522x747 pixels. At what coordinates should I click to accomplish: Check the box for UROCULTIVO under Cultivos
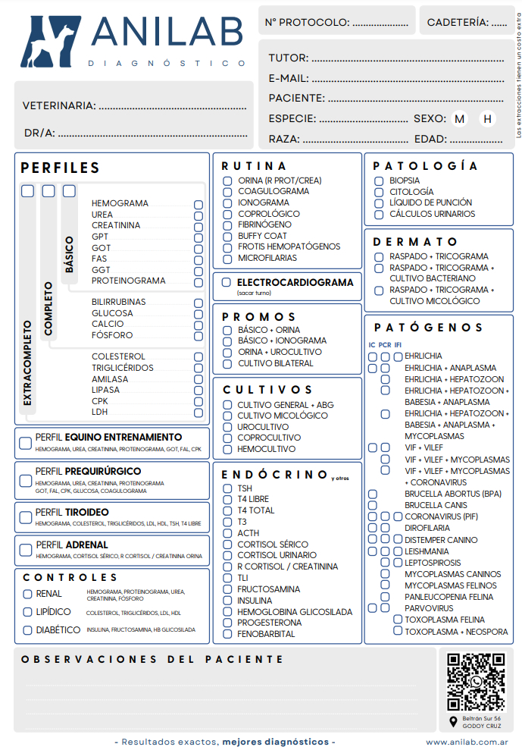click(x=227, y=427)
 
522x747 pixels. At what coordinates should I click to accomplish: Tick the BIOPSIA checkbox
click(x=379, y=181)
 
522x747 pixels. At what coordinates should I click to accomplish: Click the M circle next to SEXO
click(x=460, y=118)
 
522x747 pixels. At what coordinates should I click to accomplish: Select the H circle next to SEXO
click(x=487, y=118)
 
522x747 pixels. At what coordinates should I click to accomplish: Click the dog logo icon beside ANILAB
click(x=51, y=42)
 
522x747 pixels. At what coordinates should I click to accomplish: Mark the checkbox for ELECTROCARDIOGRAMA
click(x=227, y=283)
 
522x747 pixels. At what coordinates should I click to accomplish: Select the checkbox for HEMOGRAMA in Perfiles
click(x=198, y=204)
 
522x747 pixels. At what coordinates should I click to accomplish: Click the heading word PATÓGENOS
click(x=428, y=328)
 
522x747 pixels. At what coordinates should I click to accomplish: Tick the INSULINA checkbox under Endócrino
click(x=227, y=601)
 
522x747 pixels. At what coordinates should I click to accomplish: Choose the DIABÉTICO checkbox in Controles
click(x=28, y=630)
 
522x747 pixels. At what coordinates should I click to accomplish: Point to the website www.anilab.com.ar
click(x=467, y=742)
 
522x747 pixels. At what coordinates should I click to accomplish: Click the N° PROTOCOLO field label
click(x=307, y=23)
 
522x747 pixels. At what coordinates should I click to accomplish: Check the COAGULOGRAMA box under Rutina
click(x=227, y=192)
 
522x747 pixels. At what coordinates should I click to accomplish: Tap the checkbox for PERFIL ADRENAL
click(x=25, y=550)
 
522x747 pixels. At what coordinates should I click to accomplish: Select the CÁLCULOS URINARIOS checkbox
click(x=379, y=214)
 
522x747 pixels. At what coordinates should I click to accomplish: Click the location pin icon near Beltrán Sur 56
click(x=453, y=721)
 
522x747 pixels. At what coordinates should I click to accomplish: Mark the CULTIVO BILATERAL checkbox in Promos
click(x=227, y=363)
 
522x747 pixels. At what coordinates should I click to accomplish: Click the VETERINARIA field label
click(x=58, y=105)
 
